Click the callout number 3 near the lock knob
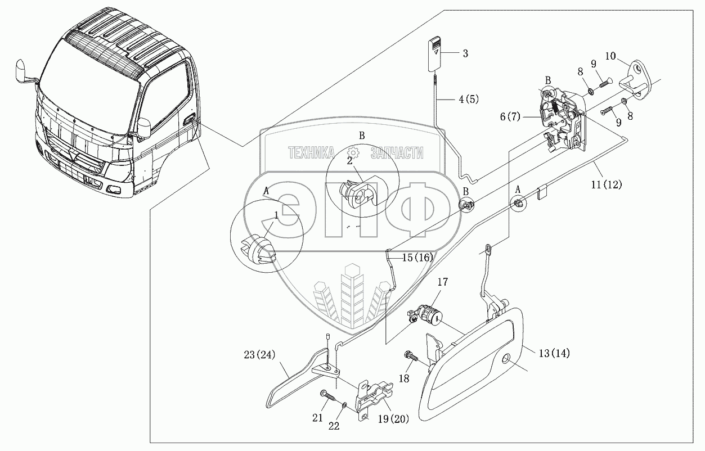[465, 54]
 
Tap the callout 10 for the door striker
[611, 56]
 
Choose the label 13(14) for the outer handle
[553, 353]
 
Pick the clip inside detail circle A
[258, 251]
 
